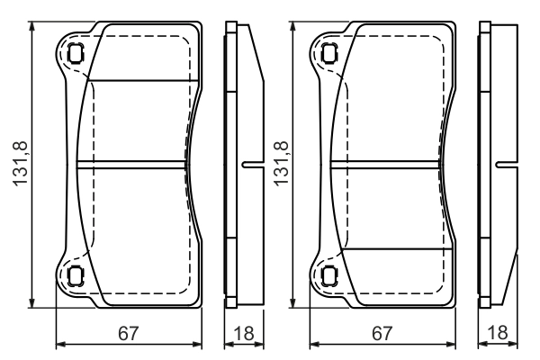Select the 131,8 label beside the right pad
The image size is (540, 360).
click(281, 163)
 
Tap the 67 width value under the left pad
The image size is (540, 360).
click(128, 332)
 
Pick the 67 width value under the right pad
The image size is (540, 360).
click(382, 332)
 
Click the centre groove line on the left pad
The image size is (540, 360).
click(135, 164)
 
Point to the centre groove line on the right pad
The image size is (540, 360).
click(389, 164)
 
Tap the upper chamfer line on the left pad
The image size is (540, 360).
click(144, 80)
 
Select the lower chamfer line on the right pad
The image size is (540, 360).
click(396, 248)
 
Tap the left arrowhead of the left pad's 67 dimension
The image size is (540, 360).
click(60, 343)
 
